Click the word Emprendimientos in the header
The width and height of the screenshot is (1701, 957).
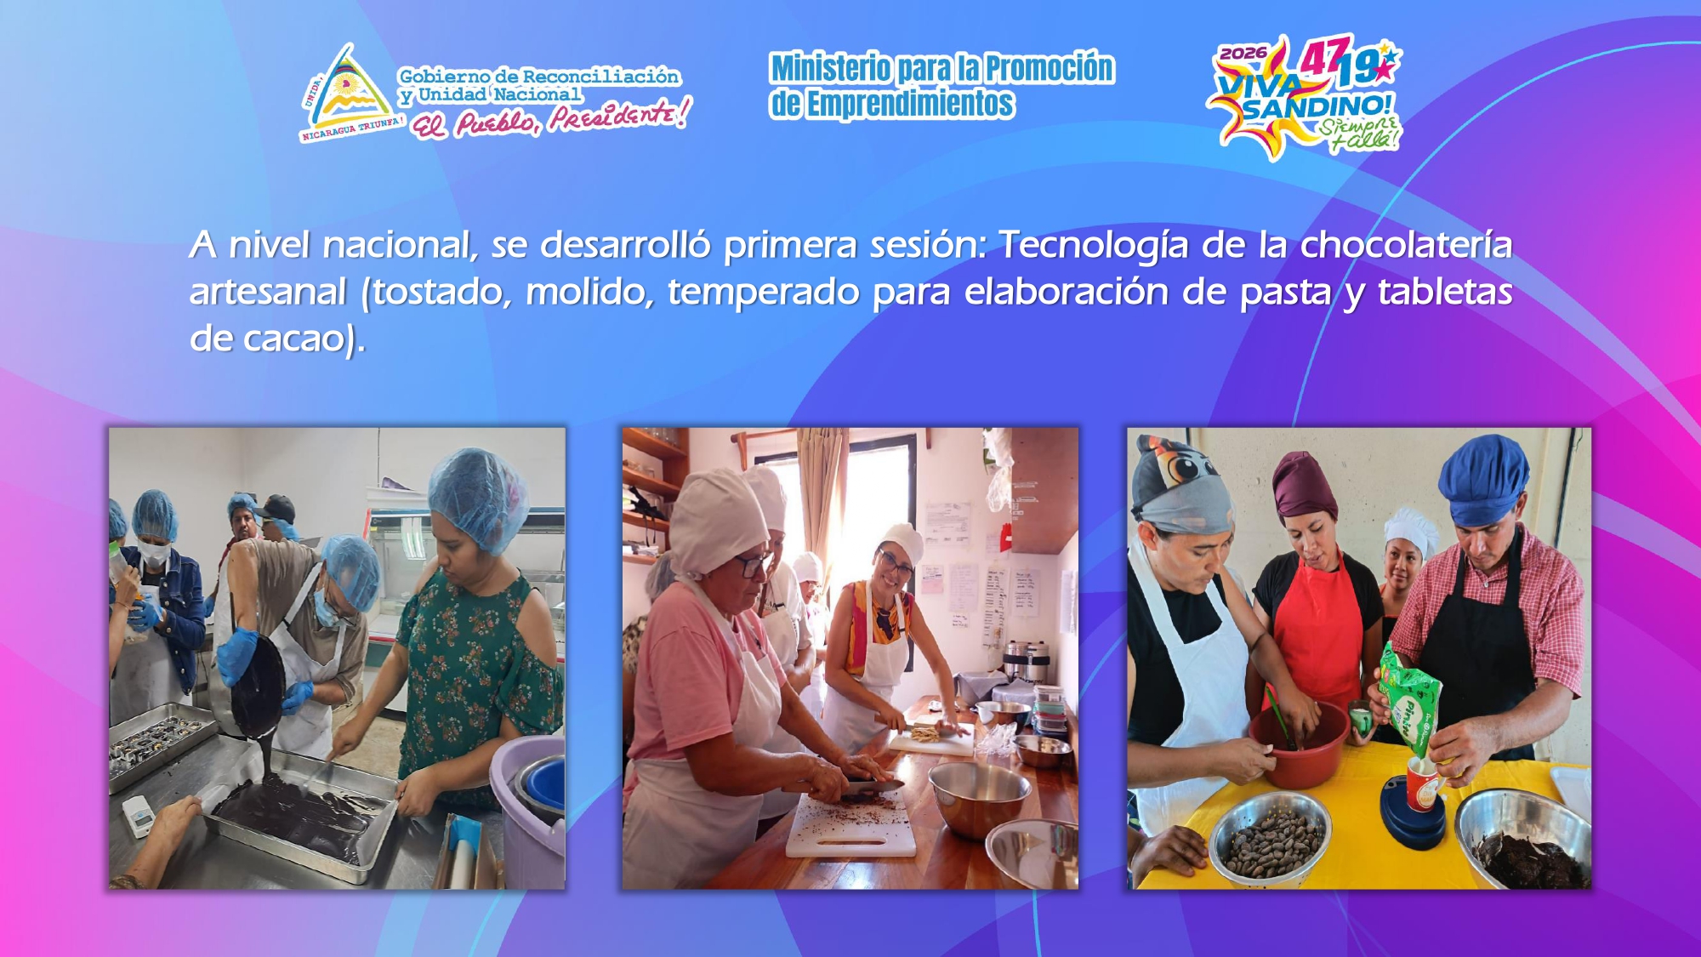click(910, 104)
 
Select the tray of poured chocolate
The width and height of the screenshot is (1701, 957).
click(298, 817)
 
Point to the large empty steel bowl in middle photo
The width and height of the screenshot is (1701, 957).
click(978, 795)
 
